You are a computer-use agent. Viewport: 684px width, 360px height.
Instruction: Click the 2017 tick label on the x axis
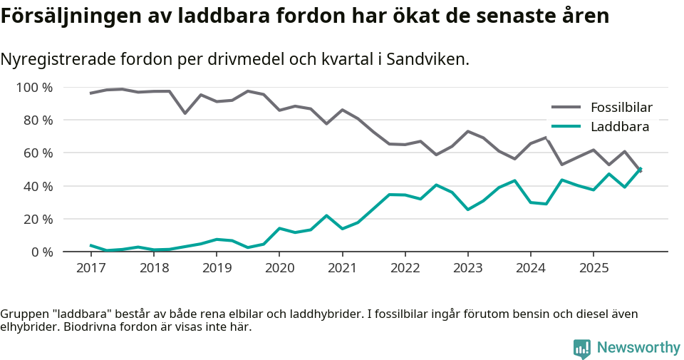[x=90, y=268]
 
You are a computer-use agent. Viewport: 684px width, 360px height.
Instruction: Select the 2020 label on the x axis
[x=279, y=268]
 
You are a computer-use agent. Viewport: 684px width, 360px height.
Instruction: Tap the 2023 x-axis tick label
[x=467, y=268]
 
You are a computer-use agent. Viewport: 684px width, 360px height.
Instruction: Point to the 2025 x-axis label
[x=594, y=268]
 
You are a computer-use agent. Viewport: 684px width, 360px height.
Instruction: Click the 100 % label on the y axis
[x=35, y=88]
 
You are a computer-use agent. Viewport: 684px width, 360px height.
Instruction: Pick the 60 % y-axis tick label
[x=38, y=153]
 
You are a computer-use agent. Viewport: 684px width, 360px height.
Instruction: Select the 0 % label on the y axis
[x=41, y=252]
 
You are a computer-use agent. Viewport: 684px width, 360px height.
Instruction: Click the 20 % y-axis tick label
[x=38, y=219]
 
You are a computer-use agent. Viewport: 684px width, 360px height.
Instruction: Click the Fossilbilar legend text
[x=621, y=108]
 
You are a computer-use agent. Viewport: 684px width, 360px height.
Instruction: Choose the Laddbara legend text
[x=619, y=127]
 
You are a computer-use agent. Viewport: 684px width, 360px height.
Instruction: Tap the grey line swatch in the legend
[x=567, y=108]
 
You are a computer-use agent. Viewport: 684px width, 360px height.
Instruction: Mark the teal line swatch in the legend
[x=567, y=127]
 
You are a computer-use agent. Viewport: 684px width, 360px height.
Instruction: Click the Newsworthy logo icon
[x=582, y=349]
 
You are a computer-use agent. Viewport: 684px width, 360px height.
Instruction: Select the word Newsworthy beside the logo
[x=638, y=348]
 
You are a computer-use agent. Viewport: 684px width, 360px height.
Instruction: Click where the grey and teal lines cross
[x=639, y=170]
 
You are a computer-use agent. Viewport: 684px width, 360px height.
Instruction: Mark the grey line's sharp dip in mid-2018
[x=185, y=113]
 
